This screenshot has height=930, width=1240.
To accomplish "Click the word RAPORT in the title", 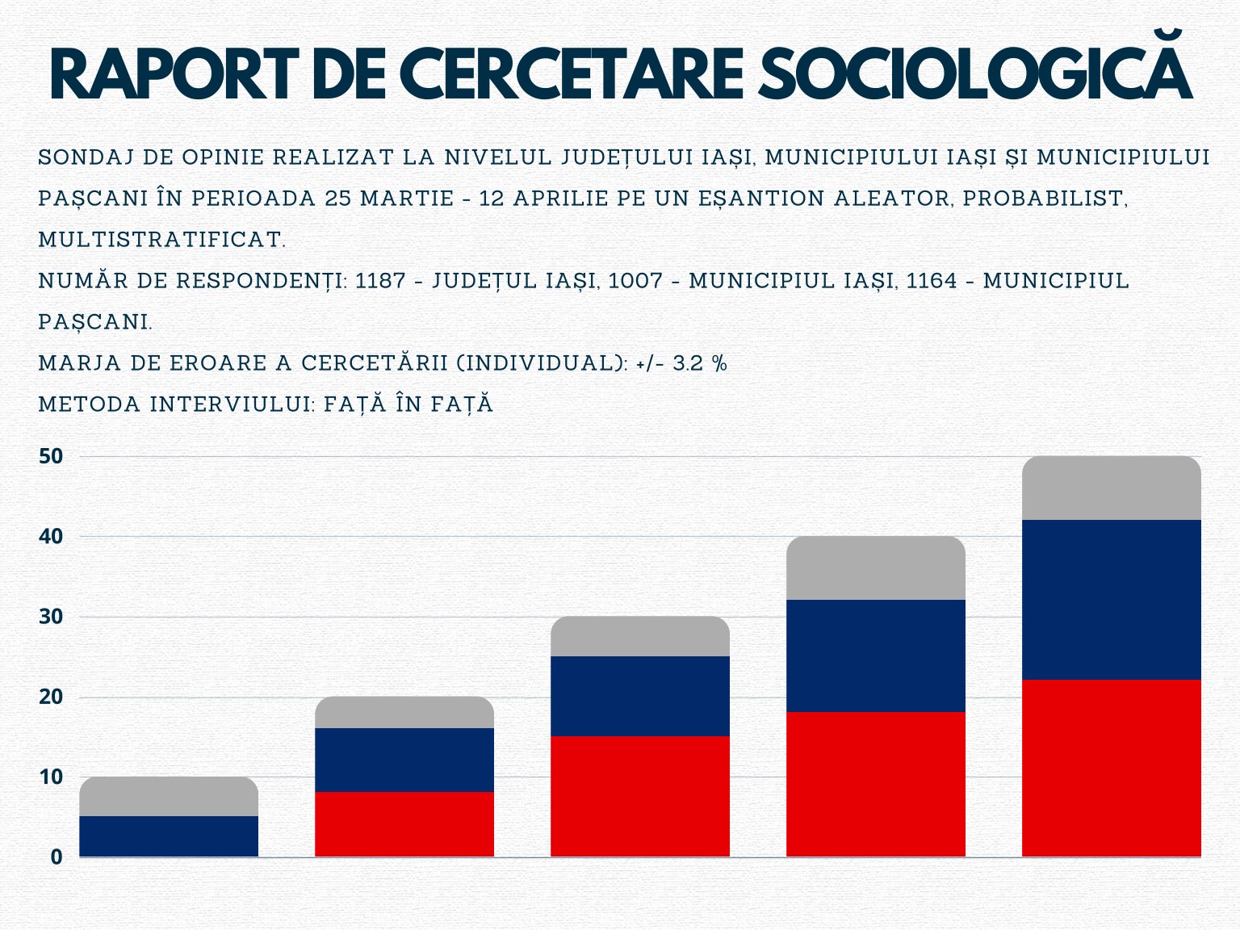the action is [x=174, y=74].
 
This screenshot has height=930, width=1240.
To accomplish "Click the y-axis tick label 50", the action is [x=51, y=456].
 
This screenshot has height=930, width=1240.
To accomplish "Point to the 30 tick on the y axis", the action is [x=51, y=617].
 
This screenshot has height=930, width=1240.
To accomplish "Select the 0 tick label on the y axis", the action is [x=57, y=857].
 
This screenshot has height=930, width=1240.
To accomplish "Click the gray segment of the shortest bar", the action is [x=169, y=796].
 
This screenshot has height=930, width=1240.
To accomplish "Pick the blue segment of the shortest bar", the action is [x=169, y=836].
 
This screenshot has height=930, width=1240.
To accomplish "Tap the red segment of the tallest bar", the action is [x=1111, y=769].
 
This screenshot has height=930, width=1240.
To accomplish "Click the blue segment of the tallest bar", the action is [x=1111, y=600].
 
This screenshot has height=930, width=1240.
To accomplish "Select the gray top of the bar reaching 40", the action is [x=876, y=568].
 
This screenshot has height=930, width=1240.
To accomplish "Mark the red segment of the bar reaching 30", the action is [x=640, y=796].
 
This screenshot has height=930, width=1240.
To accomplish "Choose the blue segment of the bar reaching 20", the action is [x=404, y=760].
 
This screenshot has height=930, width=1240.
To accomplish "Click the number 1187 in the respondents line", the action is [x=380, y=281].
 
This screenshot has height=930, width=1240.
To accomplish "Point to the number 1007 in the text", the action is [x=635, y=281].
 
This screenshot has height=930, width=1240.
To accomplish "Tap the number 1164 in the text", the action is [x=932, y=281].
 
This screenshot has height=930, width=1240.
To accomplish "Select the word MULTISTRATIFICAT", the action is [x=162, y=240].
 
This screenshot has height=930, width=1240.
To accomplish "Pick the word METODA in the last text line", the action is [x=90, y=404].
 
